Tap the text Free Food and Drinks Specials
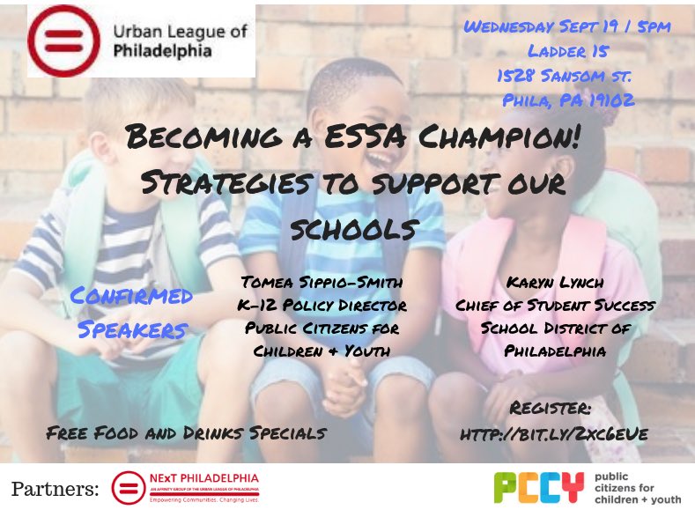[187, 432]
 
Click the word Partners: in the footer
[55, 488]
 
